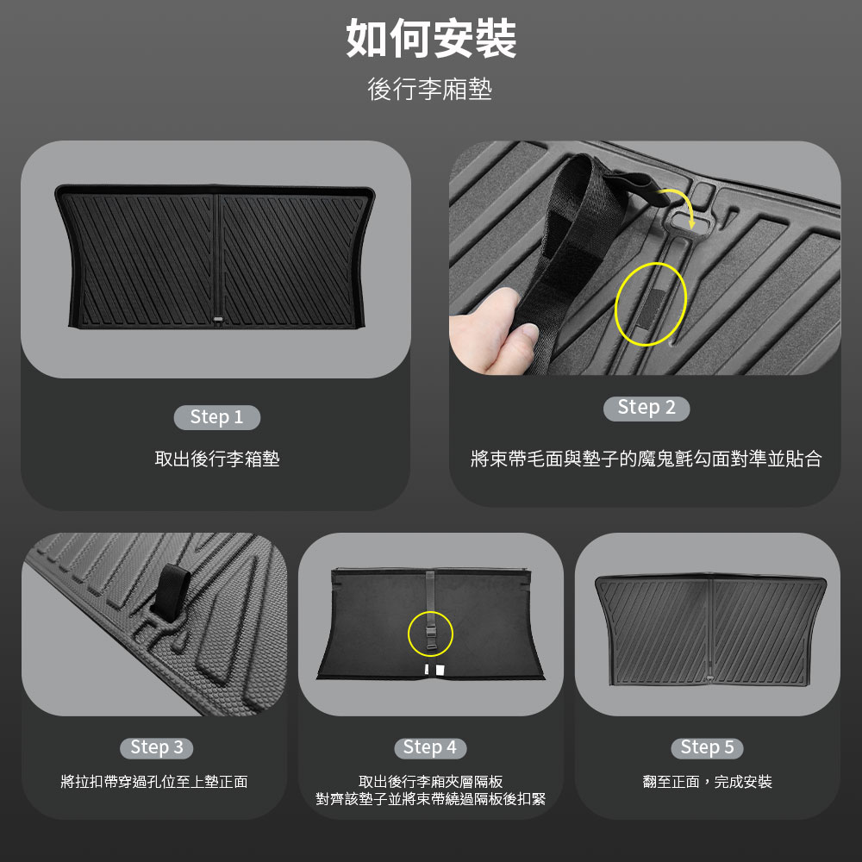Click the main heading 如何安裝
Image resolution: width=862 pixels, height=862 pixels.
click(431, 39)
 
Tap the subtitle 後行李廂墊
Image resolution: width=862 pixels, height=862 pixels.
click(430, 89)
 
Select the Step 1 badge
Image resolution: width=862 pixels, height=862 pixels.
click(216, 417)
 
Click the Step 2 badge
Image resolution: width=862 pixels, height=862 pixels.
click(646, 408)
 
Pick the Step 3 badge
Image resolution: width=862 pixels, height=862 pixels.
click(157, 747)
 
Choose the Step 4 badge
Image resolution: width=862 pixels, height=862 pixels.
click(430, 747)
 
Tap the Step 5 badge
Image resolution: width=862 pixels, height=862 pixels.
click(707, 747)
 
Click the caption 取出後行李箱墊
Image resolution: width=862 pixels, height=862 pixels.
click(217, 459)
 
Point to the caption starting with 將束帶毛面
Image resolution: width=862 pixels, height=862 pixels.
click(646, 459)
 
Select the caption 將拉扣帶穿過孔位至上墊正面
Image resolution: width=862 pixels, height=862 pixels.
click(154, 781)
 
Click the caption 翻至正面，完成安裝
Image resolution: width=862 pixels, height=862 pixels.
click(707, 781)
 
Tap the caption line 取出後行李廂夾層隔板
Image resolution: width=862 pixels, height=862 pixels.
click(430, 781)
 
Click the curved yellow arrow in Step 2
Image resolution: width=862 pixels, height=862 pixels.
click(678, 204)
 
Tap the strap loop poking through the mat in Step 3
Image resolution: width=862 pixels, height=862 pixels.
click(172, 593)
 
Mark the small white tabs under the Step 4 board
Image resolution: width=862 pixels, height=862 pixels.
click(434, 670)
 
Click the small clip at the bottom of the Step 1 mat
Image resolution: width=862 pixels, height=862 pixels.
click(219, 320)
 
